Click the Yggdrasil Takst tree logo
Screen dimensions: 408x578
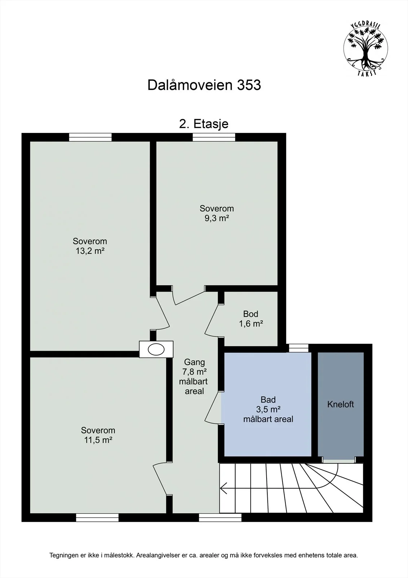tap(365, 48)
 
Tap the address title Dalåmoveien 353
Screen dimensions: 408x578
tap(204, 85)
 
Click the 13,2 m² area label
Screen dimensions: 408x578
tap(90, 251)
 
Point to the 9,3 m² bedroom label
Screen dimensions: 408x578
tap(217, 218)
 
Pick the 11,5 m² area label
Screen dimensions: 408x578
tap(98, 440)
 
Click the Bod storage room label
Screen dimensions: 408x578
tap(250, 314)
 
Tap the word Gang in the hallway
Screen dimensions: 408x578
tap(194, 362)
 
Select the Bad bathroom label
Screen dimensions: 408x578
tap(268, 400)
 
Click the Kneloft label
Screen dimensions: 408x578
tap(341, 404)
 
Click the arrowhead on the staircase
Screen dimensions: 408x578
tap(223, 488)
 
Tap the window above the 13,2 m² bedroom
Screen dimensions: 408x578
tap(90, 137)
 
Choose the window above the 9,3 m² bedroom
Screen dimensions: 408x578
tap(214, 137)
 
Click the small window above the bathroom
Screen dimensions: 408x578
tap(298, 348)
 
